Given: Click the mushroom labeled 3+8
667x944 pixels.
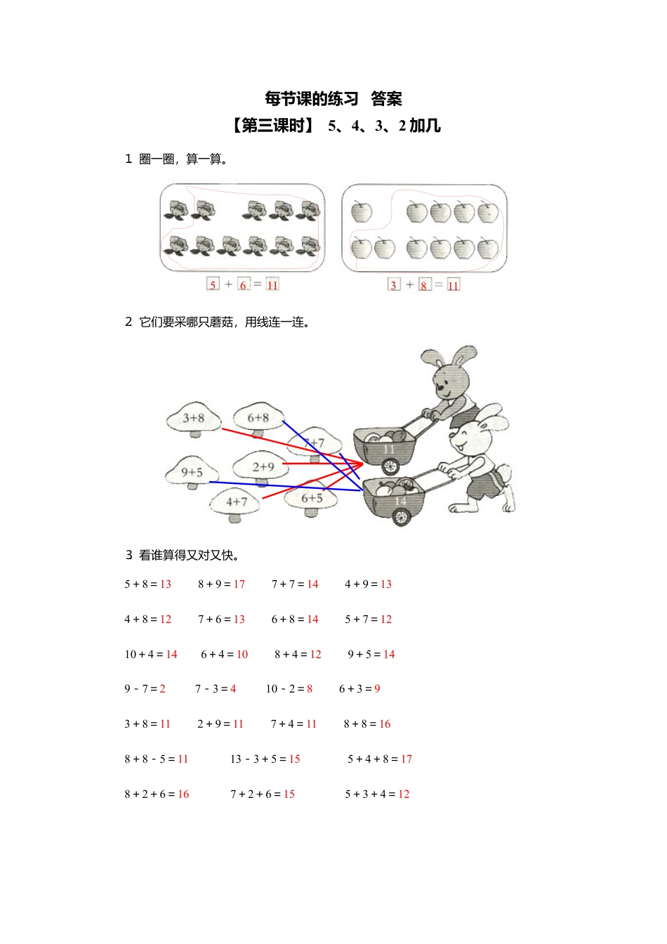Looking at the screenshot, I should click(x=193, y=419).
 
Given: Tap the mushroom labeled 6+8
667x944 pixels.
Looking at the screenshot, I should click(x=258, y=419).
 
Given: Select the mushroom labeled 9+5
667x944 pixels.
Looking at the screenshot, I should click(x=192, y=473).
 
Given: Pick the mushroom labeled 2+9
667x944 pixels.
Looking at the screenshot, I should click(x=261, y=467).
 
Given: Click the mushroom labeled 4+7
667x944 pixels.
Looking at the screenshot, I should click(x=236, y=503).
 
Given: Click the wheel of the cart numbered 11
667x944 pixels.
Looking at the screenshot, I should click(x=390, y=466).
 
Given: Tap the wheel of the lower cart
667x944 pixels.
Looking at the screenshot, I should click(x=400, y=518).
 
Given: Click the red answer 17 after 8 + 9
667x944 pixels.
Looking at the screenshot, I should click(x=239, y=584).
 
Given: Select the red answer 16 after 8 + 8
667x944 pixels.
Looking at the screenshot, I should click(x=385, y=724).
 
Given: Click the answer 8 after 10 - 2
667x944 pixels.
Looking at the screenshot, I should click(x=310, y=689).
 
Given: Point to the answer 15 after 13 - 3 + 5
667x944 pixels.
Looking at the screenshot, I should click(x=294, y=759).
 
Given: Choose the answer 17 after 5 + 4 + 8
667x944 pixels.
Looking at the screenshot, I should click(x=407, y=759).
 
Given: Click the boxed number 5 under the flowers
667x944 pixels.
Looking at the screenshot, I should click(x=213, y=284).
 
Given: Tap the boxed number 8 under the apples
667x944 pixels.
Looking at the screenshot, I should click(x=424, y=285).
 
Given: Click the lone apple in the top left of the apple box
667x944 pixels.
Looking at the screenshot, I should click(x=362, y=211).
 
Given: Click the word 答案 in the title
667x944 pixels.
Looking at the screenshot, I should click(x=386, y=99).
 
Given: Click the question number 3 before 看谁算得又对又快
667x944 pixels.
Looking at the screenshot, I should click(x=129, y=556).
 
